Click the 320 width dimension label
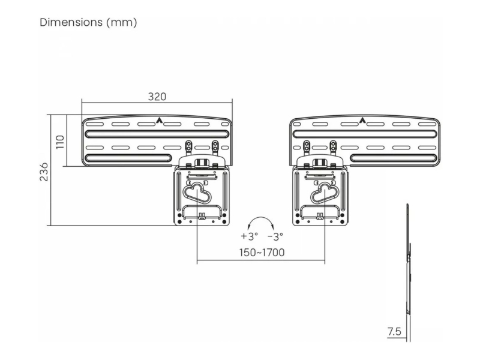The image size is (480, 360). click(x=157, y=97)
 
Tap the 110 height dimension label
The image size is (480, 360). click(x=61, y=142)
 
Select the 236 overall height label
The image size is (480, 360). click(x=44, y=172)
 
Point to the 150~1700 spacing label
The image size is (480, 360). click(x=262, y=253)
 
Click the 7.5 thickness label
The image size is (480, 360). click(x=394, y=332)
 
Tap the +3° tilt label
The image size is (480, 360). click(x=249, y=236)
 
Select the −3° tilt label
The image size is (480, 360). click(x=275, y=236)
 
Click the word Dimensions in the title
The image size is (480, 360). click(x=71, y=22)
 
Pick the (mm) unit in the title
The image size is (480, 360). click(x=122, y=22)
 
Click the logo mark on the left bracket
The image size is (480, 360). click(x=159, y=121)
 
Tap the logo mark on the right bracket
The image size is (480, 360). click(x=362, y=121)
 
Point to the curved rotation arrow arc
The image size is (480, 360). click(x=260, y=218)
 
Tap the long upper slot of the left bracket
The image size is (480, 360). click(x=157, y=134)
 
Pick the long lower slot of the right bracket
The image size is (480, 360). click(x=394, y=158)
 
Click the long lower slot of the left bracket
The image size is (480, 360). click(x=128, y=158)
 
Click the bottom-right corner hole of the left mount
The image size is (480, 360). click(x=224, y=221)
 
